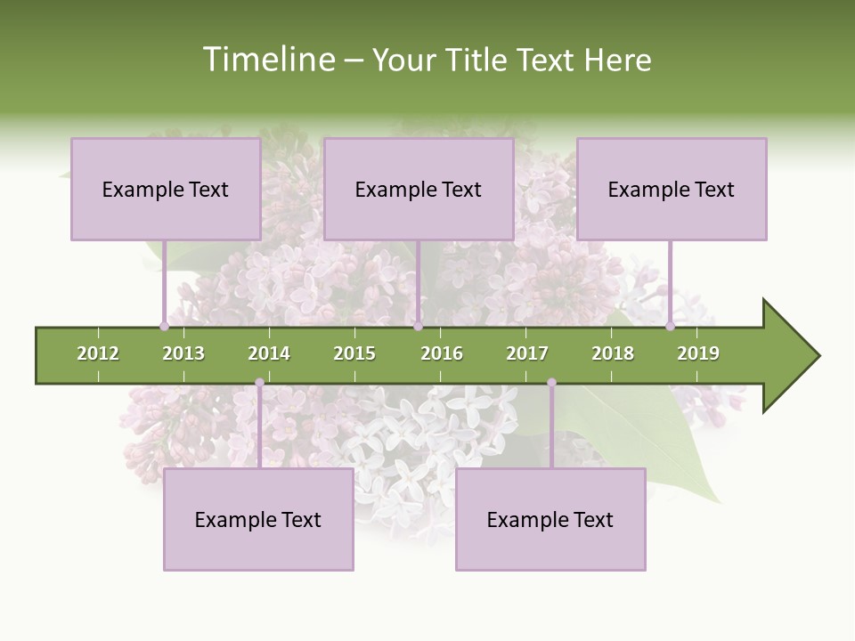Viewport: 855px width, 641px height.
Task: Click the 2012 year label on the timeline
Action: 98,353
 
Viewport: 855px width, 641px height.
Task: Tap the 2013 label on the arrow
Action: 183,353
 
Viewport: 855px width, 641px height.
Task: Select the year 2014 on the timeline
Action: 269,353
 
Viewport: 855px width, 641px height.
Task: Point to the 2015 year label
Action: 354,353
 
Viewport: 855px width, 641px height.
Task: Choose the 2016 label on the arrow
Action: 442,353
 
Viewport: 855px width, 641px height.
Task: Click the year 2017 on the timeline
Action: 527,353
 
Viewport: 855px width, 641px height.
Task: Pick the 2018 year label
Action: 613,353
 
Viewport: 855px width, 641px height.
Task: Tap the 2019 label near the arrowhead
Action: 698,353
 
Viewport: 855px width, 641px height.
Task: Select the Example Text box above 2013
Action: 166,189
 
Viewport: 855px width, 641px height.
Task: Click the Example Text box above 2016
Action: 419,189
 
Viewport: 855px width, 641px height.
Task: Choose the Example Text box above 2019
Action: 672,189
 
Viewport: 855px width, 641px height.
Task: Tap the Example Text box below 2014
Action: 258,519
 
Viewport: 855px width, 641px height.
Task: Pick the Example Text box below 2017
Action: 550,519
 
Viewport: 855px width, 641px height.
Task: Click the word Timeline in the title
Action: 268,60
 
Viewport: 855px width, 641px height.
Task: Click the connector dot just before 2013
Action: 165,326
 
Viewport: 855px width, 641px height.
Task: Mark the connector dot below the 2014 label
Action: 259,383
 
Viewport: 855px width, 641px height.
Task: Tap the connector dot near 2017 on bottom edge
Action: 551,383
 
